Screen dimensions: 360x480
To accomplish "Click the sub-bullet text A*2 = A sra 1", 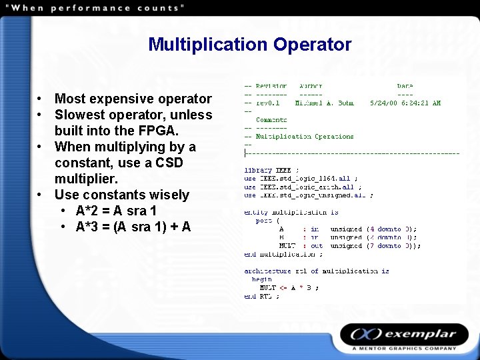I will coord(117,211).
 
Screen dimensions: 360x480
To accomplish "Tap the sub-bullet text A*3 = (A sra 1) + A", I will coord(133,227).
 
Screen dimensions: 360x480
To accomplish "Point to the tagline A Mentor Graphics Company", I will coord(405,349).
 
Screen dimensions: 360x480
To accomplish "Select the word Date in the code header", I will coord(405,87).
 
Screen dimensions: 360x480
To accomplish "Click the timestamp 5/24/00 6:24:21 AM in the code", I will coord(405,103).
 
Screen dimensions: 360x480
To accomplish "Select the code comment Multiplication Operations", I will coord(305,137).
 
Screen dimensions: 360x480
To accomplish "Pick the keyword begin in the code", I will coord(261,279).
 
